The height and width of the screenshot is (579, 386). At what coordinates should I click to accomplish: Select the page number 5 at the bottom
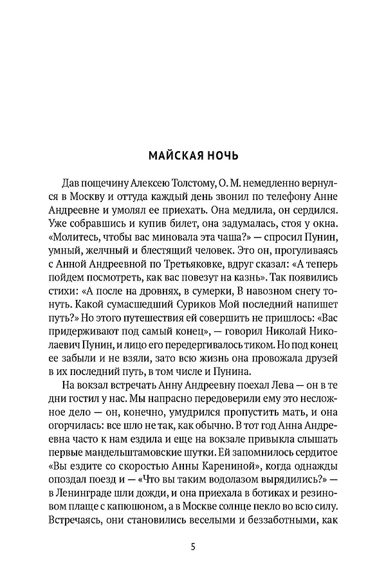coord(193,546)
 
